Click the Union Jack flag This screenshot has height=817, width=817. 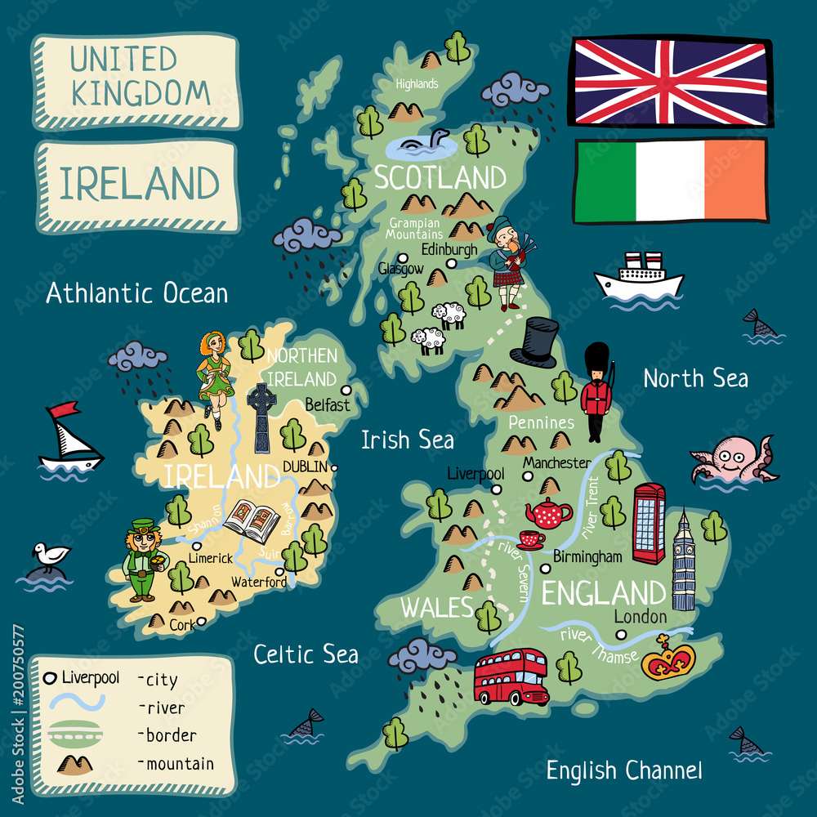pos(670,82)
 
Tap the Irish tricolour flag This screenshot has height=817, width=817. pos(670,181)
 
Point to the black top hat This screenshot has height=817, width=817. pos(534,343)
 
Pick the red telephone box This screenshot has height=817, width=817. pos(649,524)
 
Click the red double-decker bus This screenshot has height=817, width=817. pos(511,676)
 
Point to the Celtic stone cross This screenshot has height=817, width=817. pos(261,417)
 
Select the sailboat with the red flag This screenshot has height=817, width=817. pos(69,438)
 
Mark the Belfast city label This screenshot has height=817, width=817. pos(327,404)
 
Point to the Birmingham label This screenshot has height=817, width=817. pos(587,556)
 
